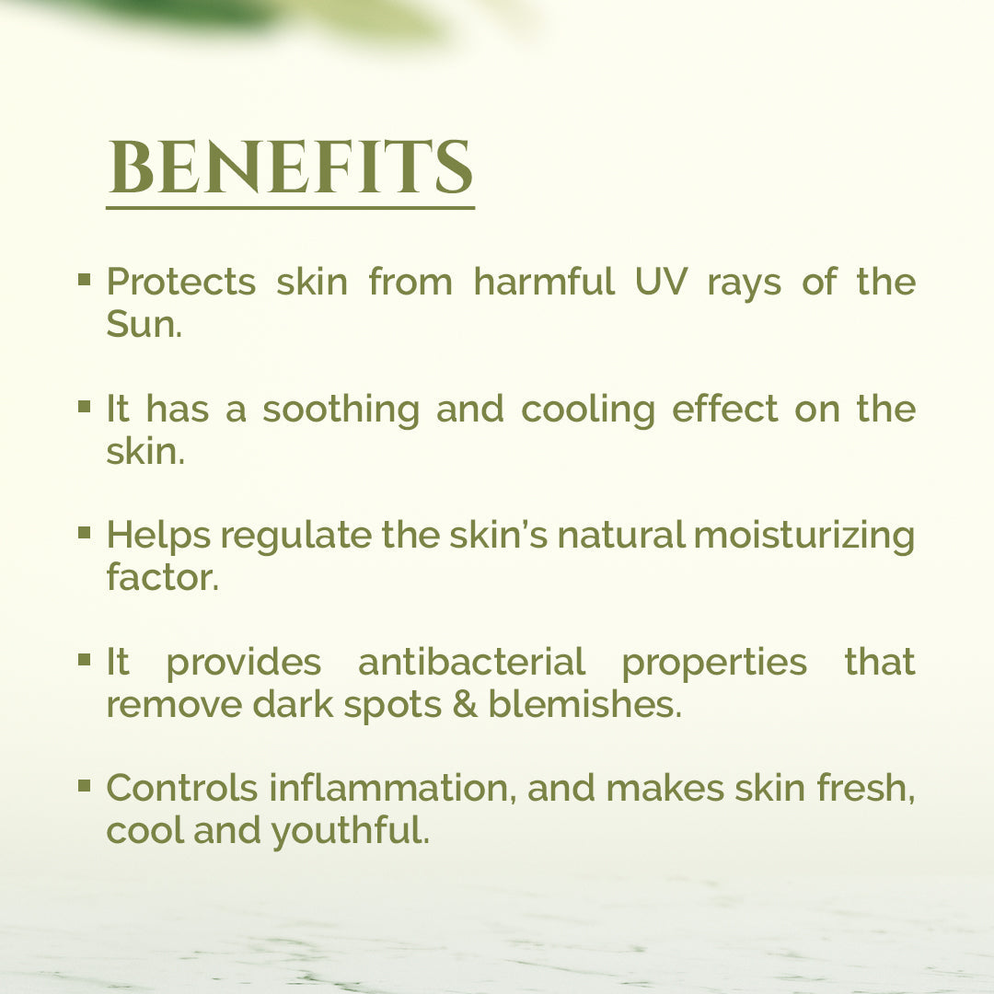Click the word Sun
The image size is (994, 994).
coord(144,324)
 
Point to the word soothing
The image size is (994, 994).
coord(341,409)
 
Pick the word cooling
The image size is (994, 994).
coord(587,409)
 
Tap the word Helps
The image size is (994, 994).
coord(158,536)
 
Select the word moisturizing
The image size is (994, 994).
coord(804,536)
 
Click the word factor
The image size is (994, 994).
coord(162,577)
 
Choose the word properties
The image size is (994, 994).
coord(714,663)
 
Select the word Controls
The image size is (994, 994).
coord(181,788)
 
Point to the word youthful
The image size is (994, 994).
coord(351,831)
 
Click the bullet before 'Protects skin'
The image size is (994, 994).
coord(85,280)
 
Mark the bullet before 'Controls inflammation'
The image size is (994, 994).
coord(85,786)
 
